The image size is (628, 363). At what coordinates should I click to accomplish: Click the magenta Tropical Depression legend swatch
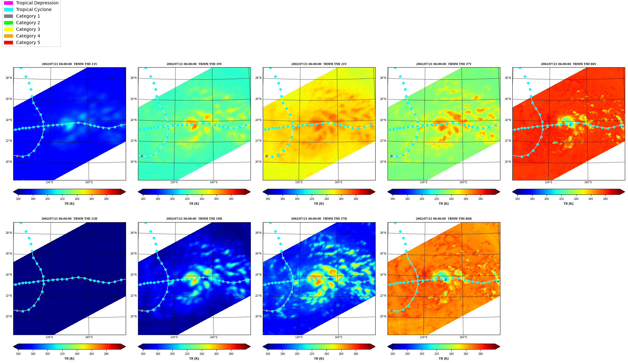tap(8, 3)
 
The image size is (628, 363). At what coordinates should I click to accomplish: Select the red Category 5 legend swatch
tap(8, 42)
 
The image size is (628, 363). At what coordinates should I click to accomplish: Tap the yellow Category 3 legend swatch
tap(8, 29)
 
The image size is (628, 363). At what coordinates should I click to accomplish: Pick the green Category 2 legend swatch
tap(8, 23)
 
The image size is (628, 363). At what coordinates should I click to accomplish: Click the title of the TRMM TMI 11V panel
tap(69, 64)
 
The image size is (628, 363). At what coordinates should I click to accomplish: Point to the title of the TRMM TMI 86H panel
tap(443, 219)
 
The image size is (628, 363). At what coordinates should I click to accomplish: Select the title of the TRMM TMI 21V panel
tap(319, 64)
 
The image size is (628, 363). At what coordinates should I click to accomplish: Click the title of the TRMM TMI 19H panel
tap(194, 219)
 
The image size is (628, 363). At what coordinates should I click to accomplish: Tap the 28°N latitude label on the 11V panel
tap(8, 78)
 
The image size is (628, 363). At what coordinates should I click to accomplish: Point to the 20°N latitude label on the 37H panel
tap(258, 316)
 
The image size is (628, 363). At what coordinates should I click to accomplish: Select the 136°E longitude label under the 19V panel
tap(174, 182)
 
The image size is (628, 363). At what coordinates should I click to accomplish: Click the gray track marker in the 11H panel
tap(17, 311)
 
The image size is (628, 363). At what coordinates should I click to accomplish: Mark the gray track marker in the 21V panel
tap(267, 156)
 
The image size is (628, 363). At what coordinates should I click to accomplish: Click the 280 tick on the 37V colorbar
tap(481, 199)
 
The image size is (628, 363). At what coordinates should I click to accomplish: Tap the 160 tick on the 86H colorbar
tap(393, 354)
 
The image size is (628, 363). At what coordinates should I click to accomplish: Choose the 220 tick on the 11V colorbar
tap(62, 199)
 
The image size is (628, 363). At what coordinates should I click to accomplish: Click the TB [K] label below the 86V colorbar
tap(568, 204)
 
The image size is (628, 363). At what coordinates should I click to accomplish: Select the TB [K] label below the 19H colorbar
tap(194, 359)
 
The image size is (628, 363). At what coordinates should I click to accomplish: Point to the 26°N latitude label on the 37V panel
tap(383, 99)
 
